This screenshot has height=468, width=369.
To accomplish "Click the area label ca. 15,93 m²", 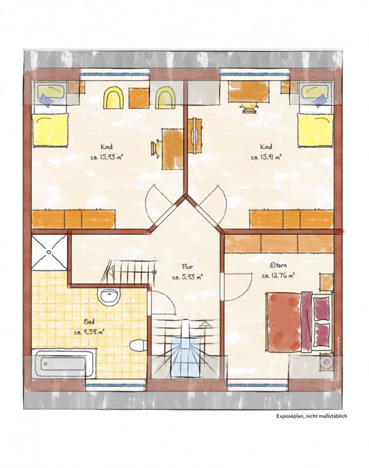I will point(106,157).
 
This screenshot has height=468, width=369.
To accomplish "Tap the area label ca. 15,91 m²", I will point(266,157).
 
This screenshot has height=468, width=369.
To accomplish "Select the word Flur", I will point(187,266).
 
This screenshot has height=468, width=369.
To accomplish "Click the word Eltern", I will point(278,265).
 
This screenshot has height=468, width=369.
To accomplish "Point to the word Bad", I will point(89,322).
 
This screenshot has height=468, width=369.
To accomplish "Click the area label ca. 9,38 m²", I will point(89,332).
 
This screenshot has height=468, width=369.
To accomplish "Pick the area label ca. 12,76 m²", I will point(278,276).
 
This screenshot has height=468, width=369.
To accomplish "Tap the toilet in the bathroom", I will point(138,345).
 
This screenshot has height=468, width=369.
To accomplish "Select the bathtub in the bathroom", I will point(64,363).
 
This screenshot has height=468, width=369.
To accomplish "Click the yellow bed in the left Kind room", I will point(50,129).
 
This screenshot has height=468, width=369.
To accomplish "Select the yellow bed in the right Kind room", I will point(315,130).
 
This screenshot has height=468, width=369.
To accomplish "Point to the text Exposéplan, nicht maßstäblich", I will point(312,416).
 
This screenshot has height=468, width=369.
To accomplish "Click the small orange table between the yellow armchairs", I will point(139,98).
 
